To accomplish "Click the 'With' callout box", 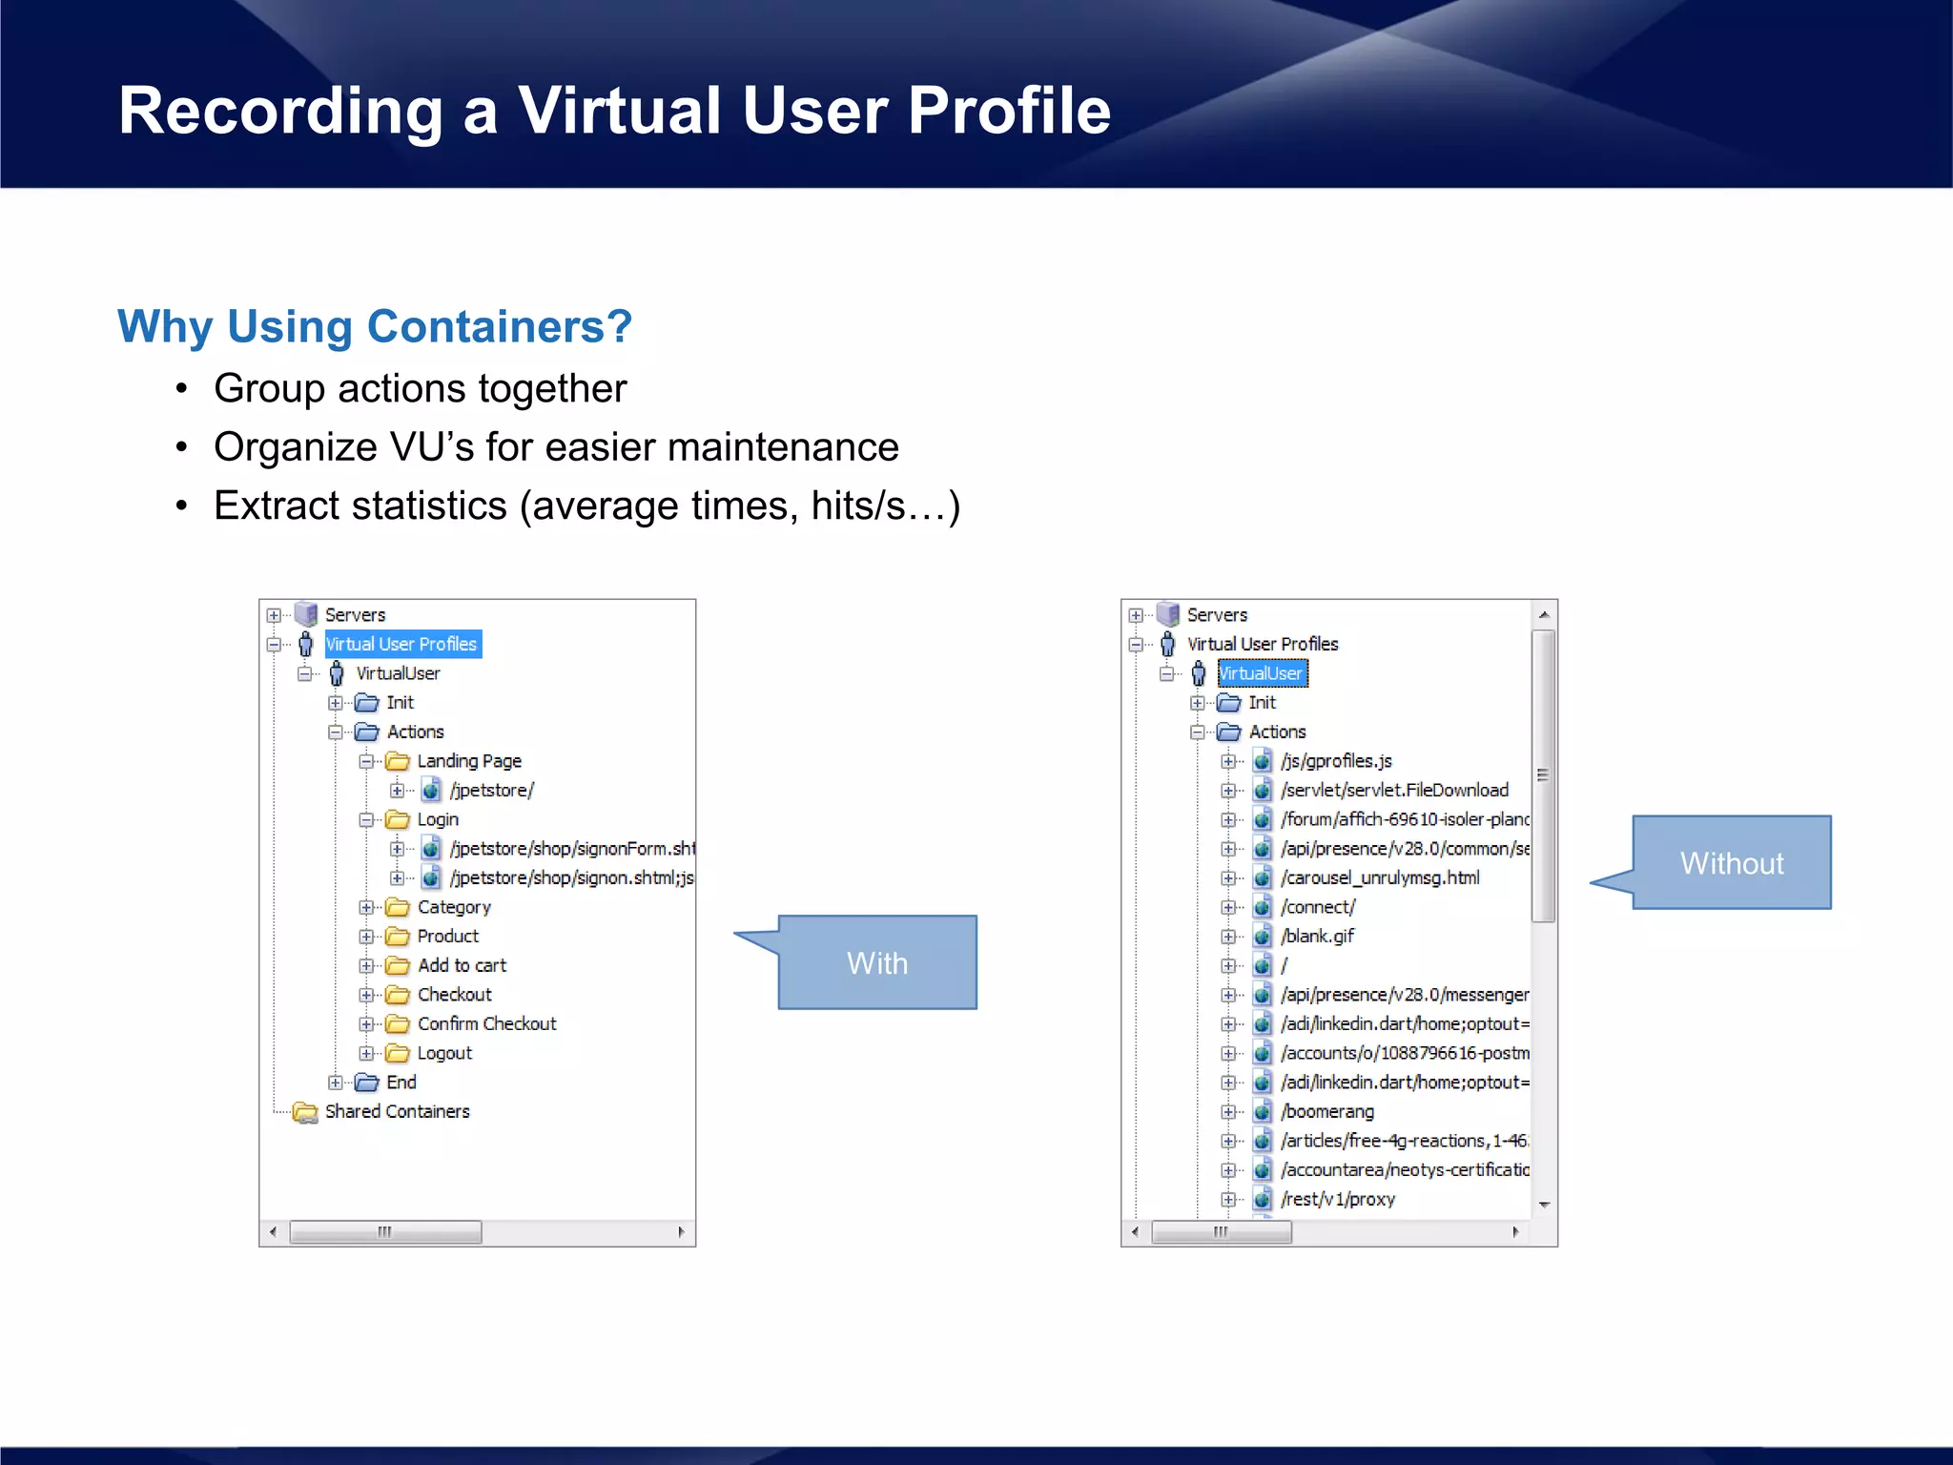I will click(877, 962).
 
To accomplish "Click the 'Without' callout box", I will click(1732, 862).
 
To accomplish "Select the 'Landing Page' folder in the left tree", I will click(468, 761).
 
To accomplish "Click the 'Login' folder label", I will click(438, 819).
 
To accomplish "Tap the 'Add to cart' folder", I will click(462, 965).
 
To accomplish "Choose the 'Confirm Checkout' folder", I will click(486, 1023).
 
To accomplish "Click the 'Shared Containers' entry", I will click(397, 1111).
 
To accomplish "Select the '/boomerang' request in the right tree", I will click(1327, 1111).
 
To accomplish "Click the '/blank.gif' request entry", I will click(1318, 936).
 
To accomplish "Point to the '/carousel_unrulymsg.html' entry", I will click(1380, 877).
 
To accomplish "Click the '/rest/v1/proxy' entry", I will click(1338, 1199).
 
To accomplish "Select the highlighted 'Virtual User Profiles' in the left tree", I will click(401, 644).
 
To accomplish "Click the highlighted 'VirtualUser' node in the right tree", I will click(1261, 673).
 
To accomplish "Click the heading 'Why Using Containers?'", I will click(375, 326).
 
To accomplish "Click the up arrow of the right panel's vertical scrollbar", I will click(1544, 615).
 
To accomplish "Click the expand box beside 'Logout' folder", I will click(366, 1053).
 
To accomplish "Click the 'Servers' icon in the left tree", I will click(305, 614).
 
